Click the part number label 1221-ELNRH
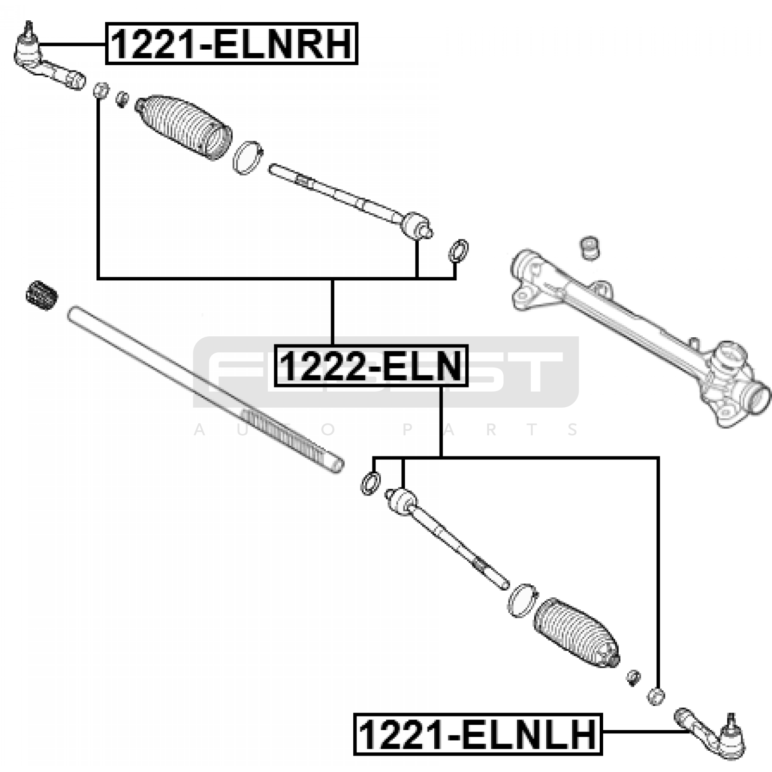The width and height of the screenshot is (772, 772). pyautogui.click(x=232, y=43)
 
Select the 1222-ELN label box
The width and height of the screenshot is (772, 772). pyautogui.click(x=371, y=366)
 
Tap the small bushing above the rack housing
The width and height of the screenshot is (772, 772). pyautogui.click(x=589, y=248)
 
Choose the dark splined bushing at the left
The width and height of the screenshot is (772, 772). pyautogui.click(x=42, y=294)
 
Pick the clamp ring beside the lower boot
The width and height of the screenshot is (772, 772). pyautogui.click(x=522, y=600)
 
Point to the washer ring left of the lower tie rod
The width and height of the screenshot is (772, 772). pyautogui.click(x=370, y=482)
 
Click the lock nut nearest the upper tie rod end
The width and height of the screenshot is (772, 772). pyautogui.click(x=100, y=90)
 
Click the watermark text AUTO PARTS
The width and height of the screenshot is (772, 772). pyautogui.click(x=386, y=429)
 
